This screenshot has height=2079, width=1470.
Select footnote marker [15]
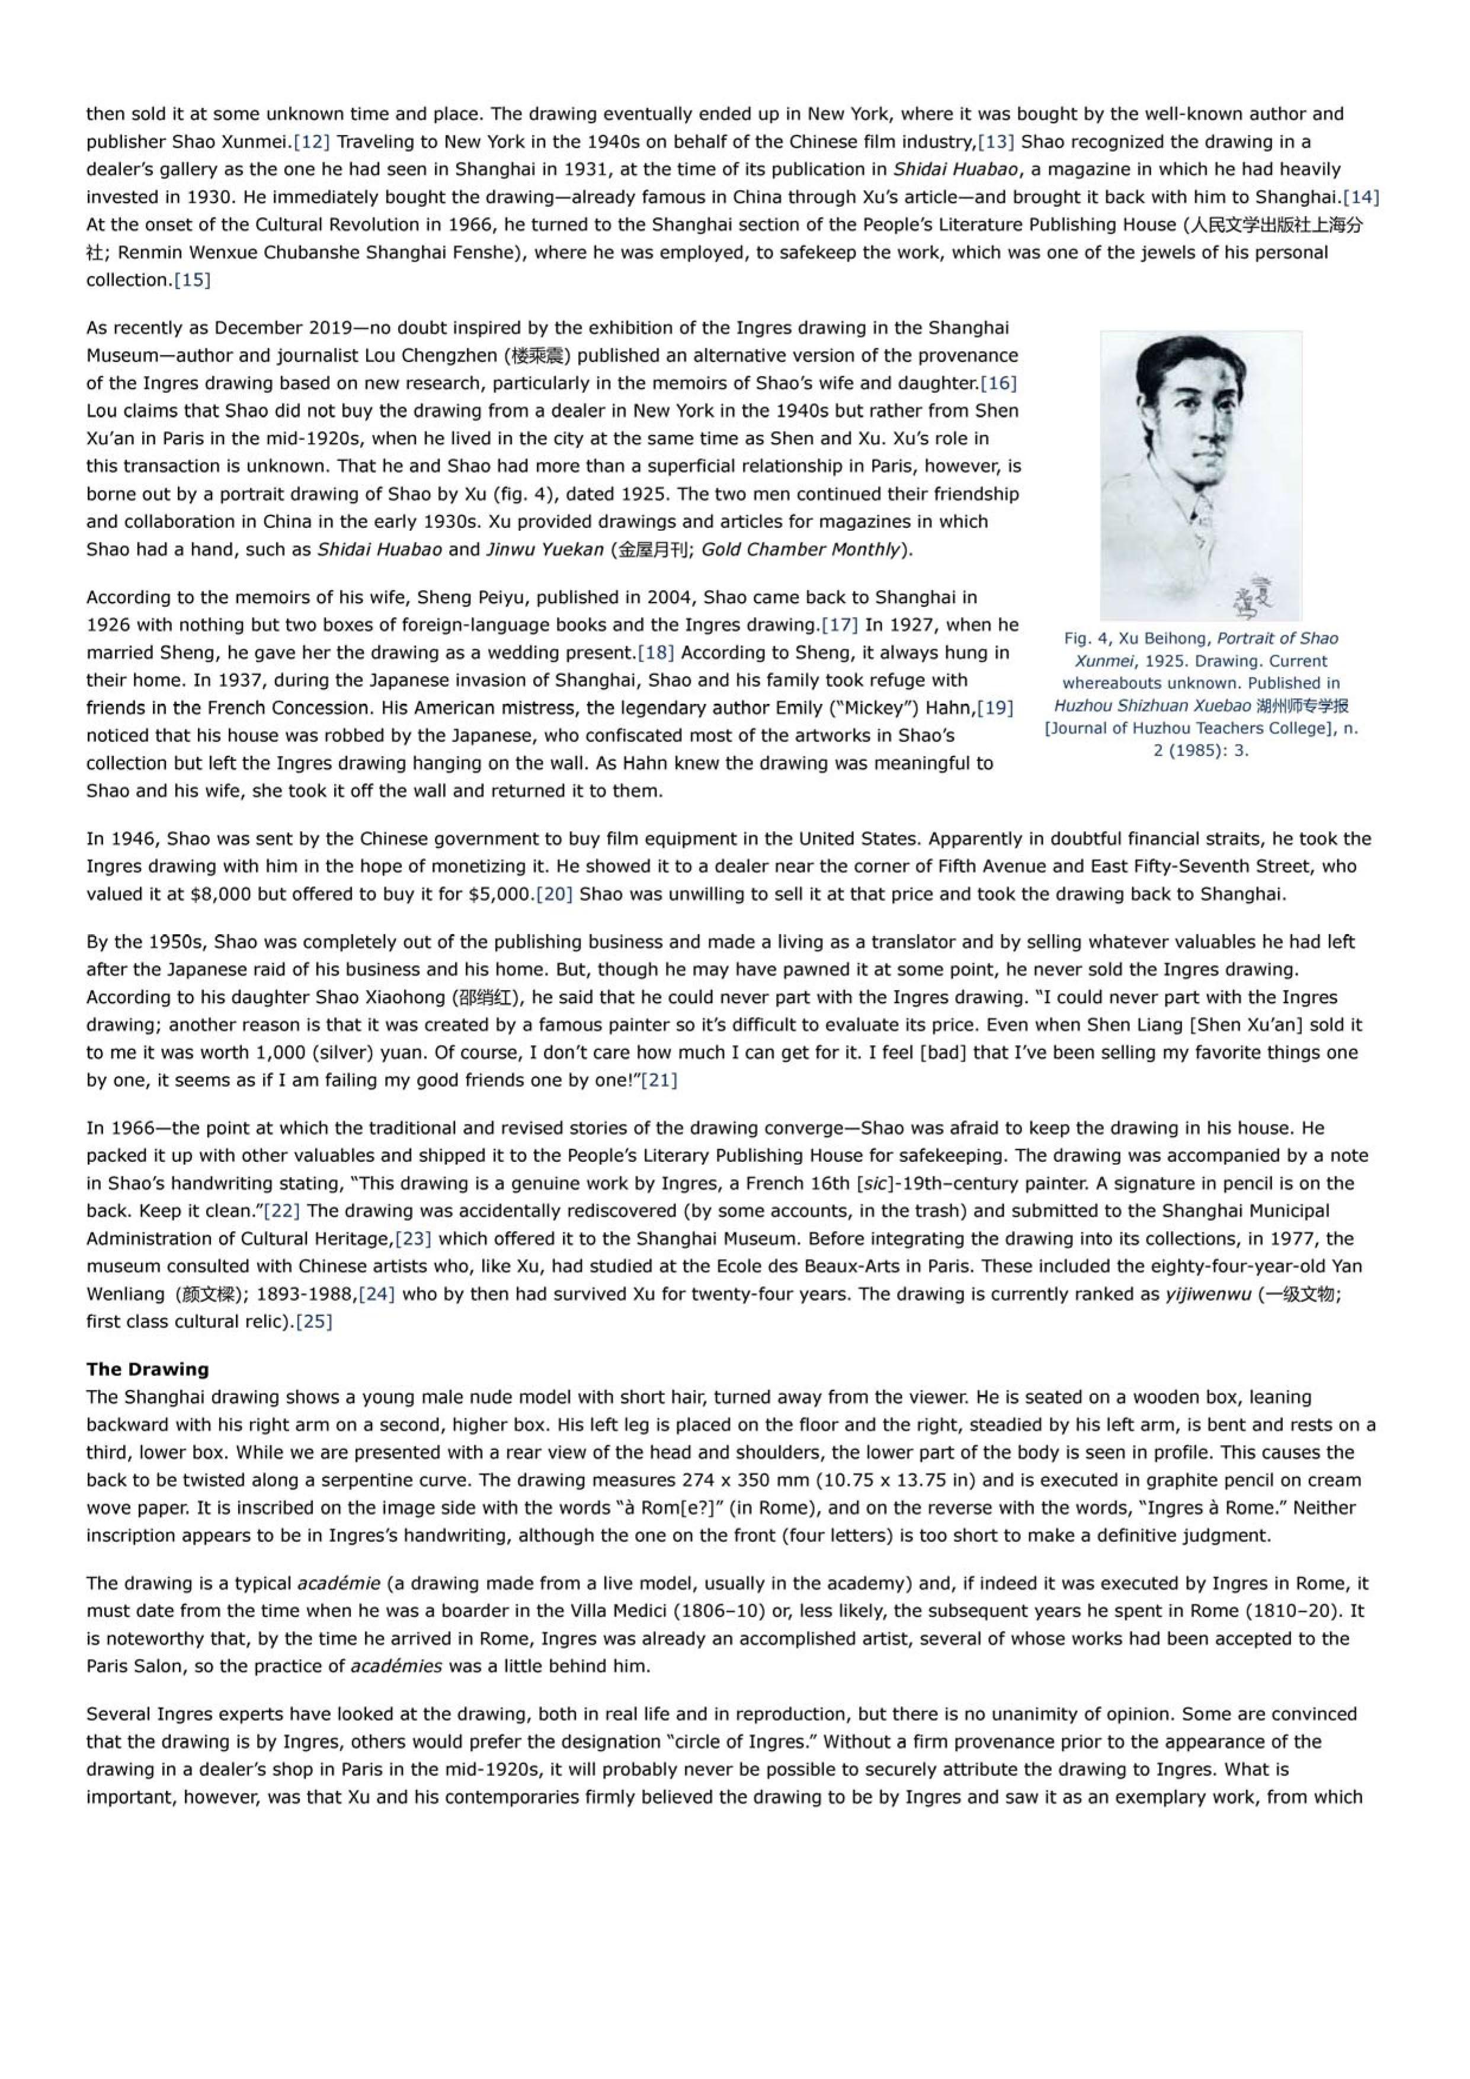(192, 280)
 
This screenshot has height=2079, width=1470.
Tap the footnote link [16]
(998, 383)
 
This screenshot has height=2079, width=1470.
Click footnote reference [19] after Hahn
(994, 707)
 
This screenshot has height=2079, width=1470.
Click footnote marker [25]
(314, 1321)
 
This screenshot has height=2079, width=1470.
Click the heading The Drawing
(148, 1369)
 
